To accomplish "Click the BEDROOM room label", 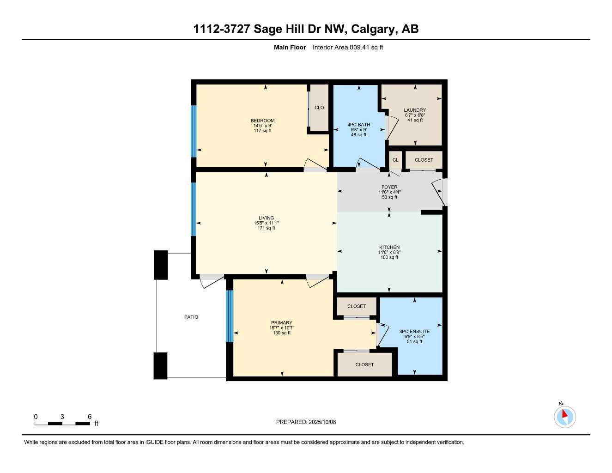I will (262, 121).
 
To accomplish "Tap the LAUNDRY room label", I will (415, 110).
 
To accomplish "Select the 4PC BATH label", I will (358, 125).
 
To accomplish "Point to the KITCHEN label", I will (389, 247).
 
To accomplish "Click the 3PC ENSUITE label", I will (414, 331).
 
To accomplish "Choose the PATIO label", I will (191, 317).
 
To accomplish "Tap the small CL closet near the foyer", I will (395, 160).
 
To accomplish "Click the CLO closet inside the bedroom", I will (319, 108).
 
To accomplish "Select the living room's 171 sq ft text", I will (266, 228).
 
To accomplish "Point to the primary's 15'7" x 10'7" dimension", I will (282, 328).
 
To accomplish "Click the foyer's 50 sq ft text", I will (389, 197).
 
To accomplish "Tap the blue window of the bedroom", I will (194, 131).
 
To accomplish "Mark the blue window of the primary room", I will (230, 316).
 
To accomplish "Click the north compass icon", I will (564, 416).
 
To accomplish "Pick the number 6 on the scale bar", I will (90, 417).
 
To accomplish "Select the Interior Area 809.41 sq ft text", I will (348, 47).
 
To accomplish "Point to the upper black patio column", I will (161, 265).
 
